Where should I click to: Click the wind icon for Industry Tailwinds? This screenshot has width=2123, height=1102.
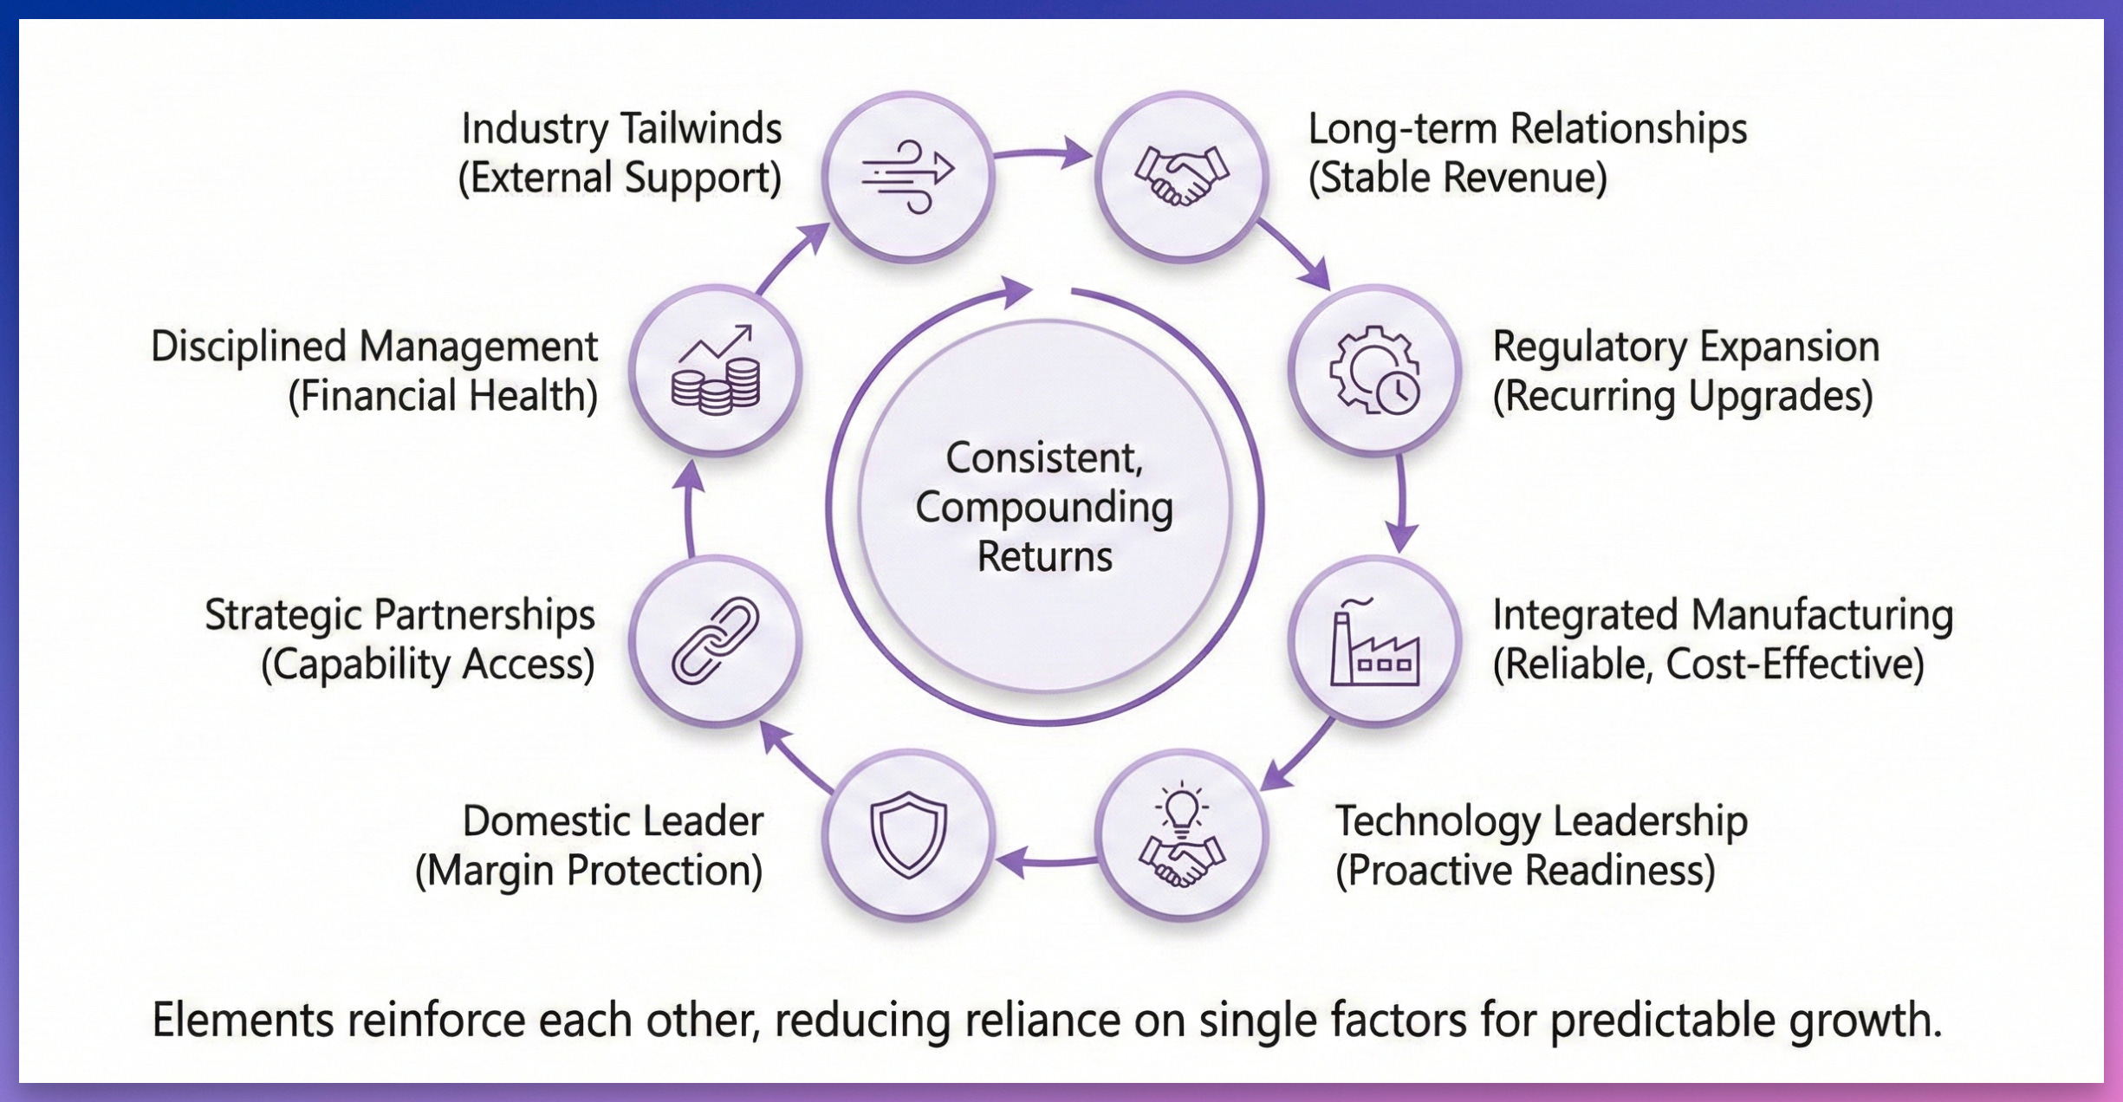[x=907, y=176]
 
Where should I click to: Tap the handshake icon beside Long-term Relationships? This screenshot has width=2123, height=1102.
[x=1181, y=176]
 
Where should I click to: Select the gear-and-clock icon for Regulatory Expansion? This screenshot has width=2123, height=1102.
[x=1374, y=370]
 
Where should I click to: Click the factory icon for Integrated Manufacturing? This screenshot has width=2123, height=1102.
[x=1374, y=642]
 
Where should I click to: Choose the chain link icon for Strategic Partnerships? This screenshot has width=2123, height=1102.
[x=715, y=642]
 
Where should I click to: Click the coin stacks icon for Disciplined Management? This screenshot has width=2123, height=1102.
[x=715, y=370]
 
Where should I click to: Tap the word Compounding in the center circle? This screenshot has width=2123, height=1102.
[x=1044, y=508]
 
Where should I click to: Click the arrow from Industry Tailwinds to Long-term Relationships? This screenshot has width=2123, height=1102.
[x=1043, y=153]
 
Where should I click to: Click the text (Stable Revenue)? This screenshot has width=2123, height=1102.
[x=1458, y=178]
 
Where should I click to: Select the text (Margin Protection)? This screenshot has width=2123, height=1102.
[x=589, y=871]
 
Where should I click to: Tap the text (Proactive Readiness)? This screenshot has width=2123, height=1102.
[x=1525, y=871]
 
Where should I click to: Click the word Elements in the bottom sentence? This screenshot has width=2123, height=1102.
[x=243, y=1020]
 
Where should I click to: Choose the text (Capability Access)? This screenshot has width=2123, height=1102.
[x=428, y=664]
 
